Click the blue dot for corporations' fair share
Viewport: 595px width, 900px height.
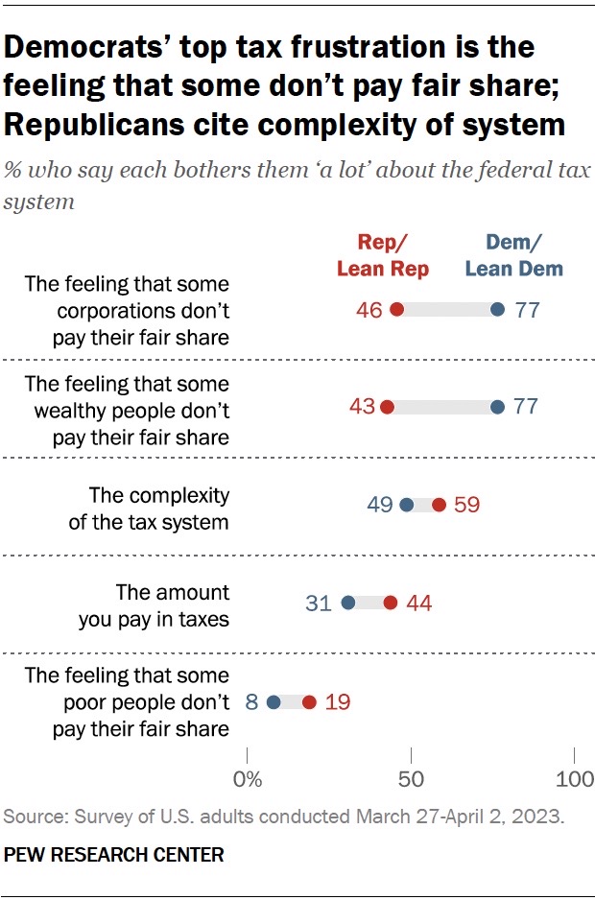point(497,310)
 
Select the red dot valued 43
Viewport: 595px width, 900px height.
point(388,407)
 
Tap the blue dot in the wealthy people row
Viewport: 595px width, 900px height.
point(497,407)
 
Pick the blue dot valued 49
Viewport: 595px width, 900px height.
point(406,505)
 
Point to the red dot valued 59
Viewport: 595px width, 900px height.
point(440,505)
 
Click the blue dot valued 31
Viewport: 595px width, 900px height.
point(348,603)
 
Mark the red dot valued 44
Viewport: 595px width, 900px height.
point(391,603)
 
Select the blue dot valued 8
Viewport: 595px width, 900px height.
point(274,702)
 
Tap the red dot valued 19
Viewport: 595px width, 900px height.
point(309,702)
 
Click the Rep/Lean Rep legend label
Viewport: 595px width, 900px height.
point(383,255)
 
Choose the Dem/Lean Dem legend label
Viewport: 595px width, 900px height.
point(514,255)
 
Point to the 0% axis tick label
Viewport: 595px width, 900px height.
point(249,778)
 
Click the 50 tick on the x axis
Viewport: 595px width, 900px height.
point(411,778)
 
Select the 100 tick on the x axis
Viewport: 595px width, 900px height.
point(575,778)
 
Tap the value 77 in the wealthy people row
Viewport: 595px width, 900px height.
point(525,407)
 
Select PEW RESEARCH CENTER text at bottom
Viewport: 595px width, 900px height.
point(114,854)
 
